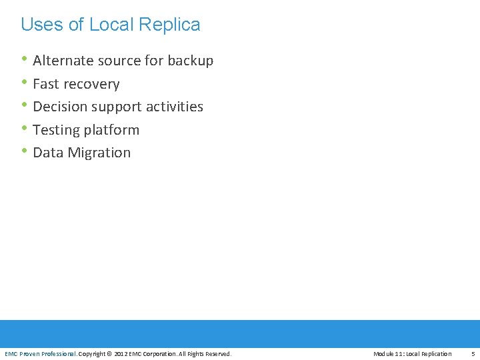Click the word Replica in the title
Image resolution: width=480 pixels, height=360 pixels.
point(169,25)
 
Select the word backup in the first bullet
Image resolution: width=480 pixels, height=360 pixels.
point(191,61)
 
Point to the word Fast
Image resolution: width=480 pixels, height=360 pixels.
point(46,84)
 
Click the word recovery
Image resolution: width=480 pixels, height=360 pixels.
point(91,85)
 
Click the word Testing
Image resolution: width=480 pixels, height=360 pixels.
point(56,130)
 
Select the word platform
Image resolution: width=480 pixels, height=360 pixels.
point(113,130)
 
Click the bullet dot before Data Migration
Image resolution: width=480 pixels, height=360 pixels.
point(25,151)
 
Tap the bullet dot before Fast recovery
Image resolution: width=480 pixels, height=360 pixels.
point(25,82)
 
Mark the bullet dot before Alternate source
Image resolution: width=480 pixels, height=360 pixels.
point(25,59)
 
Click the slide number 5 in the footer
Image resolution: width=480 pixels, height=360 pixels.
point(473,353)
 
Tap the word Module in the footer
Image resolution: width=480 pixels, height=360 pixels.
point(385,353)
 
